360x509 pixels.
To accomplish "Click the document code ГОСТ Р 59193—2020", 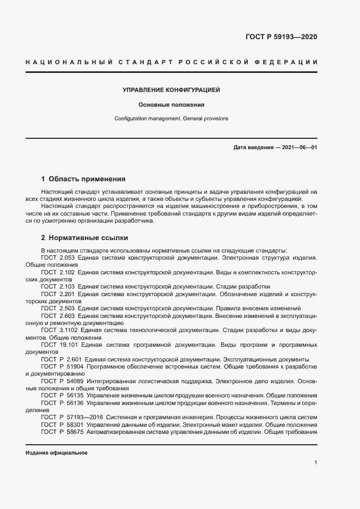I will pyautogui.click(x=281, y=37).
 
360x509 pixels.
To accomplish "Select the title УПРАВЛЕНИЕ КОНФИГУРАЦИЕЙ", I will pyautogui.click(x=171, y=90).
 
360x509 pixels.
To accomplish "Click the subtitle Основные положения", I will pyautogui.click(x=171, y=105).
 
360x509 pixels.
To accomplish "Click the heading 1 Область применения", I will pyautogui.click(x=83, y=179).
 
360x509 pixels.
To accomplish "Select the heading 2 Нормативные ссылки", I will pyautogui.click(x=84, y=238).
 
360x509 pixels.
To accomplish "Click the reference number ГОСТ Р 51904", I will pyautogui.click(x=61, y=367).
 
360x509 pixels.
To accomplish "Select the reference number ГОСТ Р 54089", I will pyautogui.click(x=61, y=382).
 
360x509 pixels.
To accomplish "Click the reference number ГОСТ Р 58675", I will pyautogui.click(x=61, y=432).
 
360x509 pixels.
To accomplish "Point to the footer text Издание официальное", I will pyautogui.click(x=57, y=453).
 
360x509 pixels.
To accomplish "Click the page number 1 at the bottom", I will pyautogui.click(x=316, y=463).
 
